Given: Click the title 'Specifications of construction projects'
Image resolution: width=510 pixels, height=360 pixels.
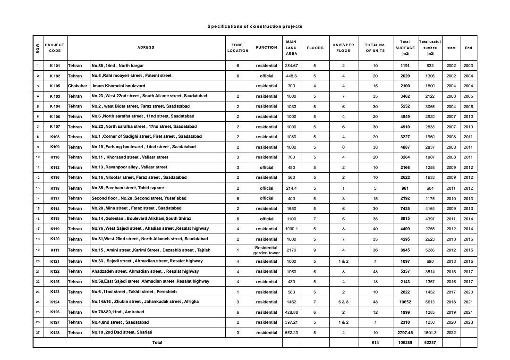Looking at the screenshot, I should point(255,26).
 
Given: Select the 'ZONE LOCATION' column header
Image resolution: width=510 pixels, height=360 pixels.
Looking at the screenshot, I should point(238,48).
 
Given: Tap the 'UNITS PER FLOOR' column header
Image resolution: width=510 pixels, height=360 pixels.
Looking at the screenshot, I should point(343,48).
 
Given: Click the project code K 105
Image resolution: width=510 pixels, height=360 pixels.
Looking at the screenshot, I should point(55,86).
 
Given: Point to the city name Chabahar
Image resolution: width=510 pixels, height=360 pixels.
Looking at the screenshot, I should point(77,86).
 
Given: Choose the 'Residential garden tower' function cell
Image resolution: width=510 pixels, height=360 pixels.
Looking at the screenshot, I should point(266,250).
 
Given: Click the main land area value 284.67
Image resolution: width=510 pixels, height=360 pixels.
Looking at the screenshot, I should point(291,65).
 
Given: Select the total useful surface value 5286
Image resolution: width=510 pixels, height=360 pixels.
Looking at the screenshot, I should point(430,250).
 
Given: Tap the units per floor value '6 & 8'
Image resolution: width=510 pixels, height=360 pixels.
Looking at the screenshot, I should point(343,302).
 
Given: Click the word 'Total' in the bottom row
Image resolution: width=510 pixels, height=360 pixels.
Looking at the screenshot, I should point(157,343).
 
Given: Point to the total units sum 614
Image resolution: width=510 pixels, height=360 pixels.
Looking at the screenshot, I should point(375,343).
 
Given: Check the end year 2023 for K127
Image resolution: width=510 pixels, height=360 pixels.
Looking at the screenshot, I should point(468,322).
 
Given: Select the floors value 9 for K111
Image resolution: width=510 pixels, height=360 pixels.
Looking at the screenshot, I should point(315,250).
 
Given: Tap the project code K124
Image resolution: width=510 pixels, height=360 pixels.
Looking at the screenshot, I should point(55,302).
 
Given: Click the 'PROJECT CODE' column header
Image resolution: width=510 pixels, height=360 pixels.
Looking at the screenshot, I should point(55,48).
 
